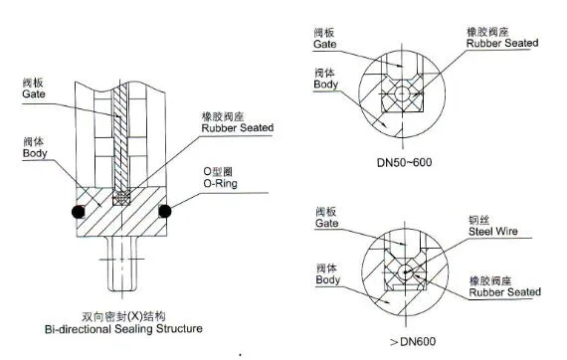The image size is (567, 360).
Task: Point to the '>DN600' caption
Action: [x=402, y=343]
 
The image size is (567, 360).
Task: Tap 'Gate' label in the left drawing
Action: [x=34, y=93]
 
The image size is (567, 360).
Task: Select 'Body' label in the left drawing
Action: [x=34, y=154]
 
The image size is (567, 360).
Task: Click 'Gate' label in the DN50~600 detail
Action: [x=325, y=46]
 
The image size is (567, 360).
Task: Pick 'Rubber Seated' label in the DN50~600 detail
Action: [x=503, y=44]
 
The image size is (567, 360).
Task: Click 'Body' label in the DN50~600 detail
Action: [x=325, y=85]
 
